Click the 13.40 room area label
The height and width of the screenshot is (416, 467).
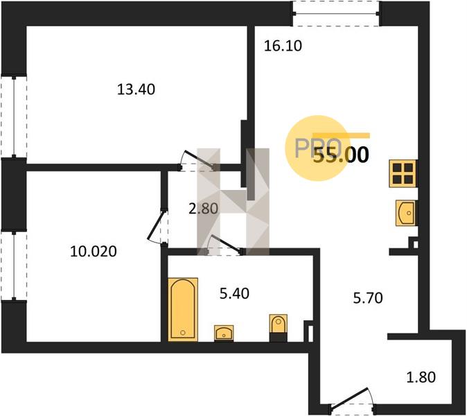136,89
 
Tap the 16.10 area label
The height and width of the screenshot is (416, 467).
283,46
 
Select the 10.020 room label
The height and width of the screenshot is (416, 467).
94,252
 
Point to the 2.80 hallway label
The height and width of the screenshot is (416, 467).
204,208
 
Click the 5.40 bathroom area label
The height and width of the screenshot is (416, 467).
234,293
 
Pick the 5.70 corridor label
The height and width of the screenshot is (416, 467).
368,297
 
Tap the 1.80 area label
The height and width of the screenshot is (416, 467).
421,377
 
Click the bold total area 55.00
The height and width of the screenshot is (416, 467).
342,155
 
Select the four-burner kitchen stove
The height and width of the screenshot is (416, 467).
403,173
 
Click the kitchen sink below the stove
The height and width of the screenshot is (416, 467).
405,213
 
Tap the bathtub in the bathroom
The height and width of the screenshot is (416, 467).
183,309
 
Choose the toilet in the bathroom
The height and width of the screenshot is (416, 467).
278,327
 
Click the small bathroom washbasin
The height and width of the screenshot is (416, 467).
224,333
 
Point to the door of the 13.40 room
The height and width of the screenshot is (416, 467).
197,161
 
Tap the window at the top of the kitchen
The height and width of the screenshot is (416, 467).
335,14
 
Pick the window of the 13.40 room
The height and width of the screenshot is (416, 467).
14,116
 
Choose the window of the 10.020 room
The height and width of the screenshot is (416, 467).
14,266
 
